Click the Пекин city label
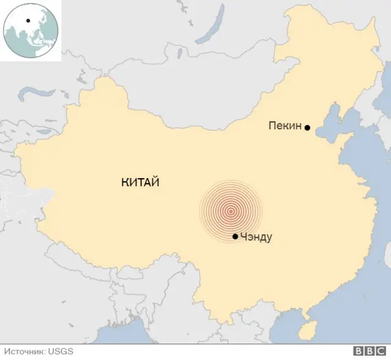tap(285, 126)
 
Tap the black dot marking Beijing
tap(307, 128)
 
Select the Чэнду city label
tap(257, 237)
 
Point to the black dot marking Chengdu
tap(235, 236)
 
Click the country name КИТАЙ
tap(140, 182)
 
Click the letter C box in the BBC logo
tap(379, 351)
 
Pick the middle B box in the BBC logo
tap(368, 351)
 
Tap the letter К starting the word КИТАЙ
tap(125, 182)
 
